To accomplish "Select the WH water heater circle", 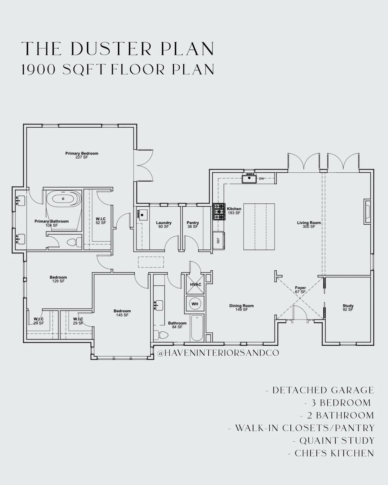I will [x=195, y=304].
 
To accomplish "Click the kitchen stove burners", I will [x=219, y=211].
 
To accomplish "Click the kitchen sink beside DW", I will [x=250, y=178].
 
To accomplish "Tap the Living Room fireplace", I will [x=367, y=211].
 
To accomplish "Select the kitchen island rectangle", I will [x=259, y=227].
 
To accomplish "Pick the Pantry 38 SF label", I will [x=193, y=224].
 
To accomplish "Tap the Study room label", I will [x=348, y=307].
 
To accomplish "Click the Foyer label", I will [x=300, y=290].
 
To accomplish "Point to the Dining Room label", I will [x=242, y=307].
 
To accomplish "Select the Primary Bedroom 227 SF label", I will [x=81, y=155].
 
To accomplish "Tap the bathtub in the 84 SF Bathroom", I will [x=197, y=328].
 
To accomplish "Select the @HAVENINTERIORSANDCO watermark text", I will [x=218, y=353].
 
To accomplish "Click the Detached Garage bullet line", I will [x=319, y=390].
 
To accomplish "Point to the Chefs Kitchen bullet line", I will [x=331, y=453].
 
